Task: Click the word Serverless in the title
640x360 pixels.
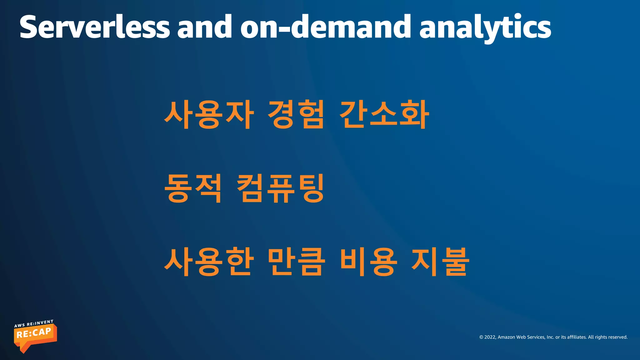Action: pos(94,27)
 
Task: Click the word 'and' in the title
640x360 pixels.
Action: pos(205,27)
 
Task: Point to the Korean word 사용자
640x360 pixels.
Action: pos(209,115)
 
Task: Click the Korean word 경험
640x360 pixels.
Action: pos(296,115)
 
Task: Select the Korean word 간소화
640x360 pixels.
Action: pos(384,115)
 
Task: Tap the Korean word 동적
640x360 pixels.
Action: pos(193,188)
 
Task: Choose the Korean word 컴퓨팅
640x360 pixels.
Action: pos(280,188)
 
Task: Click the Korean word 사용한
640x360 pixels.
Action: pos(209,262)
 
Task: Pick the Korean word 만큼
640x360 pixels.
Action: pos(296,262)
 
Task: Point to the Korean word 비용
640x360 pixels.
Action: pos(369,262)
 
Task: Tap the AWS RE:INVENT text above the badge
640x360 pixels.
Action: pos(34,323)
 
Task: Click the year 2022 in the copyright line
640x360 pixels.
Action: pos(490,337)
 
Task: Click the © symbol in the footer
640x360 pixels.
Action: pos(481,337)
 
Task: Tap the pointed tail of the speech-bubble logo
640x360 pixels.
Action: pos(24,351)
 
